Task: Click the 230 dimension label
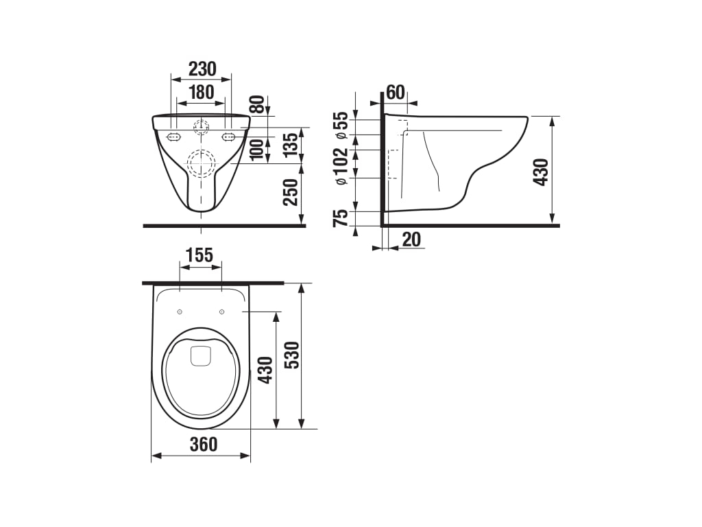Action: pyautogui.click(x=202, y=69)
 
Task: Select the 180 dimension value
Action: pyautogui.click(x=202, y=93)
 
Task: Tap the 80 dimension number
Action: pyautogui.click(x=257, y=104)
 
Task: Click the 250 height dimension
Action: pyautogui.click(x=290, y=192)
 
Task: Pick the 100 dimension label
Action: pyautogui.click(x=257, y=150)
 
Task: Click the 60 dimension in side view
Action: pyautogui.click(x=395, y=93)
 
